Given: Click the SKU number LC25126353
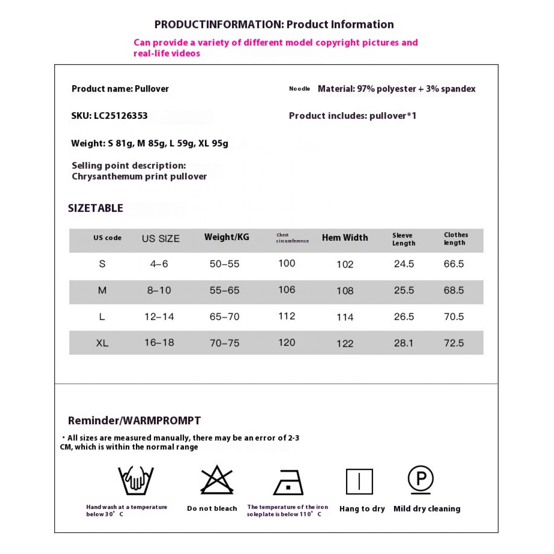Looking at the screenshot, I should pos(121,116).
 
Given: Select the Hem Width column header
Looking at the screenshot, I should pos(345,238).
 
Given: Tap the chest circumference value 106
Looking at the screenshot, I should pos(287,290).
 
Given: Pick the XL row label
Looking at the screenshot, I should pos(102,343).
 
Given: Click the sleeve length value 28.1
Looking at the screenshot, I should pos(404,343).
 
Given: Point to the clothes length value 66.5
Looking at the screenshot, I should pos(454,264).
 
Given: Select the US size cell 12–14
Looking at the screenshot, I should pos(159,317).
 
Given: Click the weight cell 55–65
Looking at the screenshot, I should pos(225,290).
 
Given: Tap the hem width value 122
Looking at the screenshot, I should pos(345,344).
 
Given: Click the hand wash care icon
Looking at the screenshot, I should pos(136,480).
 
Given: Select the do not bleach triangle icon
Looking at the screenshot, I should pos(217,480).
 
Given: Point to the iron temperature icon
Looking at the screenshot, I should pos(288,482).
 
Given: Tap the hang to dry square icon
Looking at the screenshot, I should pos(359,481).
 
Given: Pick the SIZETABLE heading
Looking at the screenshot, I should pos(96,208).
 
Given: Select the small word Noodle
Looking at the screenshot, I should pos(300,89).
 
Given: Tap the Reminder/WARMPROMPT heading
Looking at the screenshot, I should pos(134,421).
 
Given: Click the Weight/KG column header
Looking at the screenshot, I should pos(227,237).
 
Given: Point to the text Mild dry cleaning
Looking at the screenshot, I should pos(427,509).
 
